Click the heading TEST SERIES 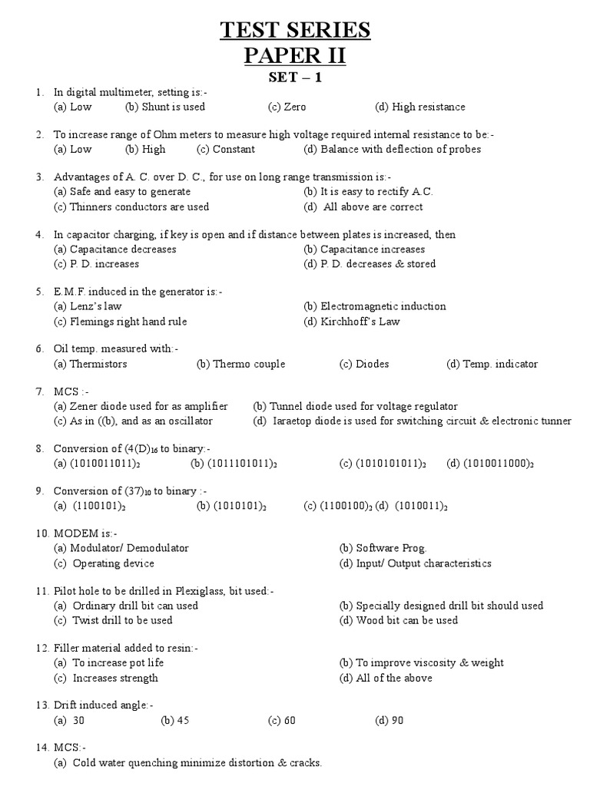tap(296, 30)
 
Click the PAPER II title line tap(296, 57)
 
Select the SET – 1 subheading tap(296, 78)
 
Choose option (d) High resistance tap(420, 107)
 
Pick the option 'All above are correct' tap(363, 206)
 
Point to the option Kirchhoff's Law tap(352, 322)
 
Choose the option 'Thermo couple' tap(241, 364)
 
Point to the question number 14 tap(42, 748)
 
